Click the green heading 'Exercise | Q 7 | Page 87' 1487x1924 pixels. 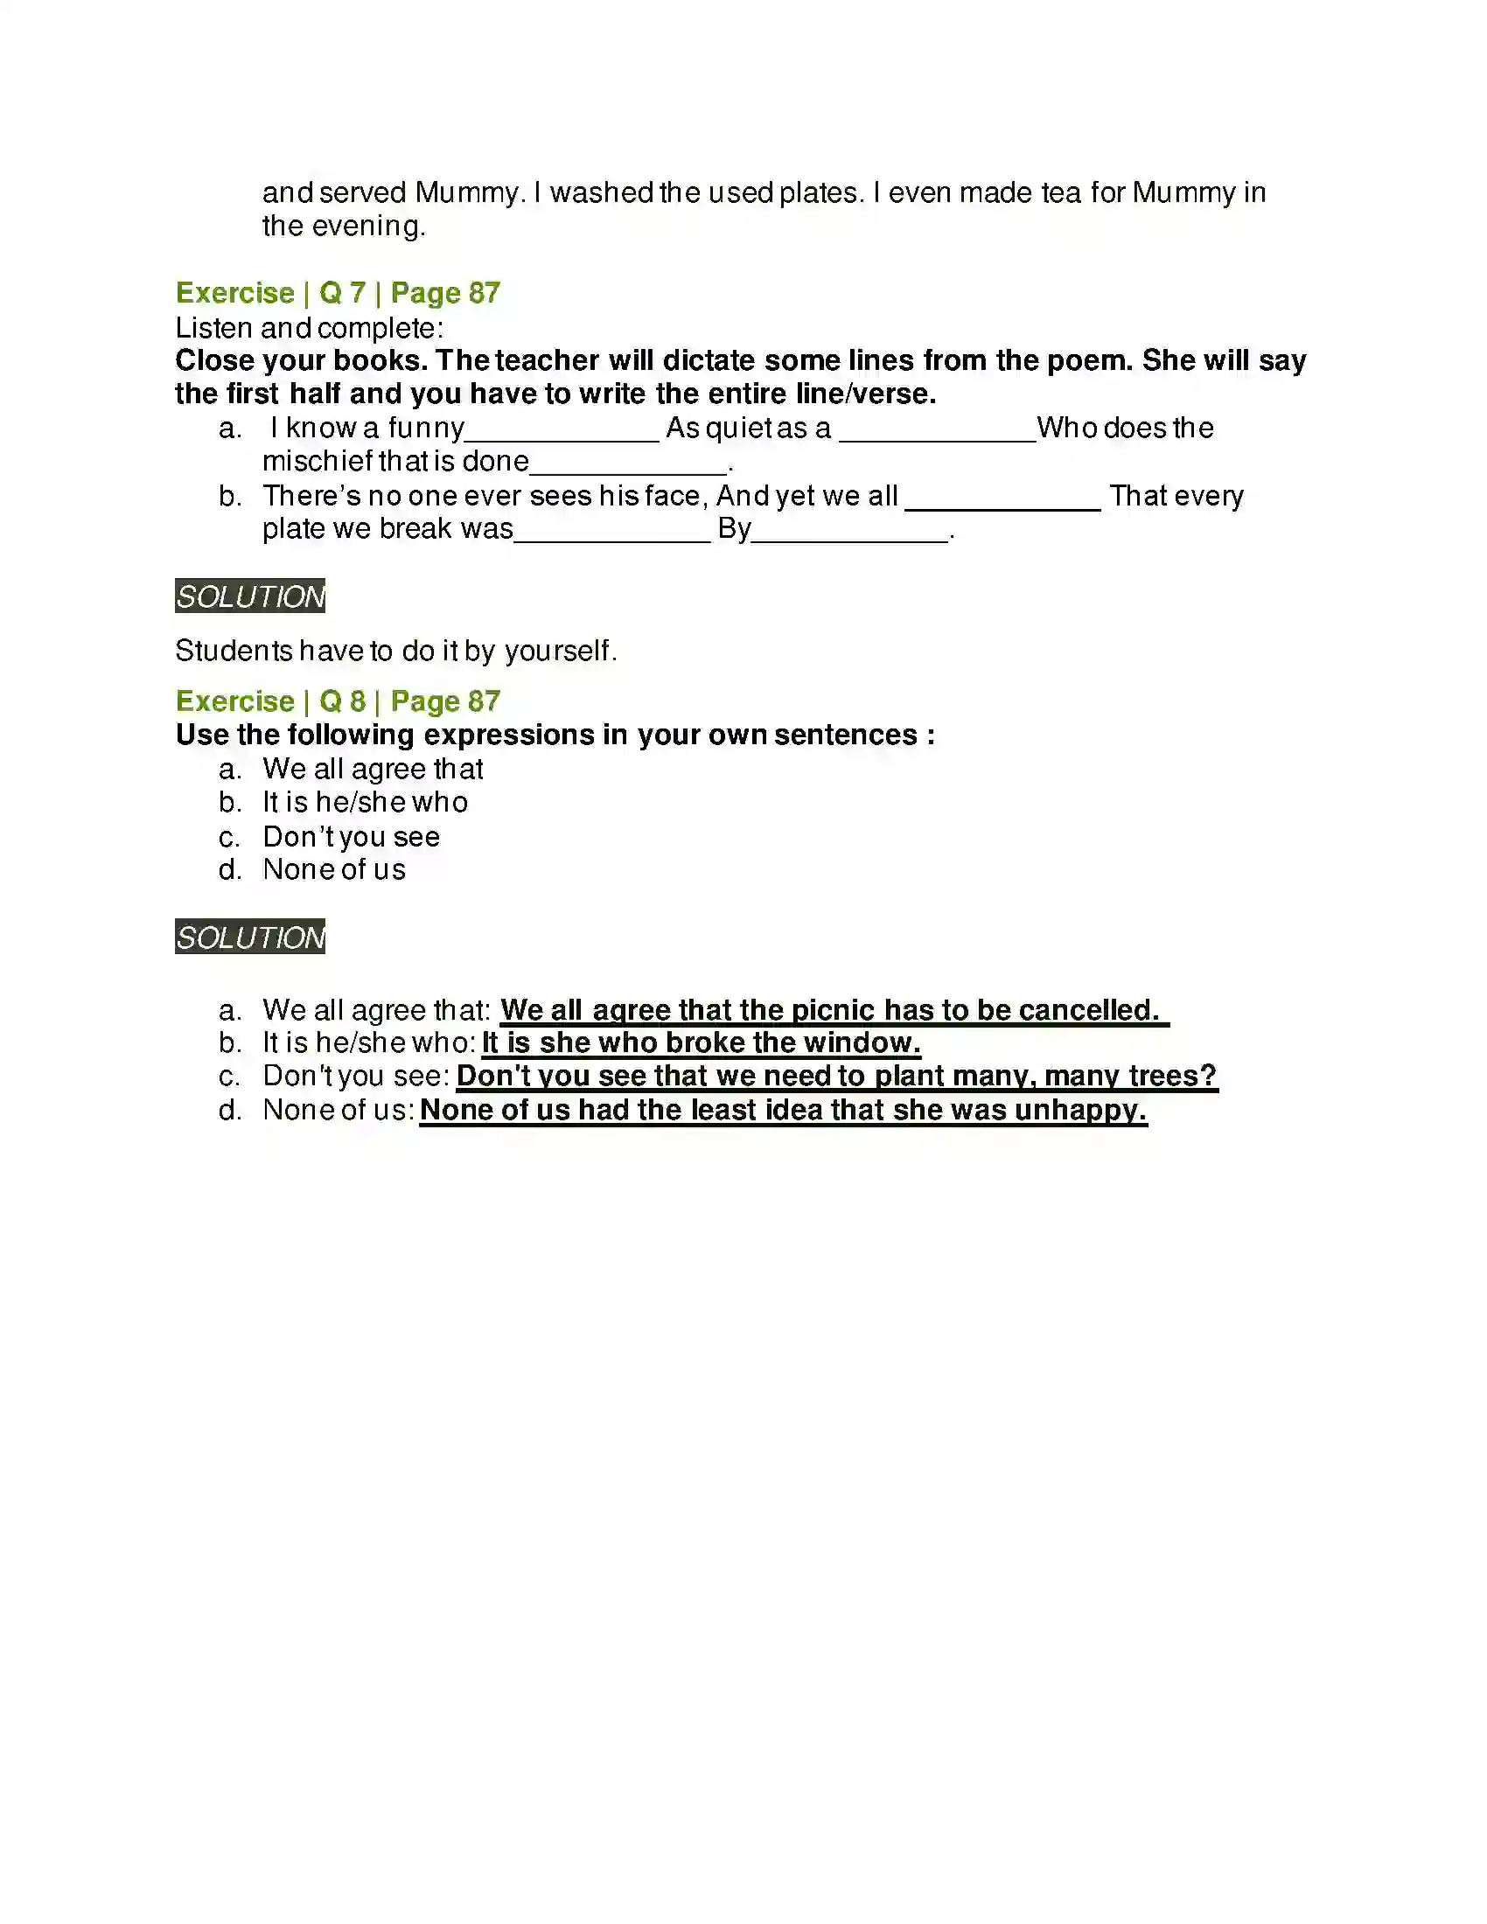338,292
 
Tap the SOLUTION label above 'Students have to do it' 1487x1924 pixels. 250,596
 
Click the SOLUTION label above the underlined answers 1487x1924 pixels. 250,937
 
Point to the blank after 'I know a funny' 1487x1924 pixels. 562,432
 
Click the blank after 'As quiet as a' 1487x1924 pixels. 938,432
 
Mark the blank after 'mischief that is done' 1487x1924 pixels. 629,465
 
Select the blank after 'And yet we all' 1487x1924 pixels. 1002,499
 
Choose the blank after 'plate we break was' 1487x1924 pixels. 611,533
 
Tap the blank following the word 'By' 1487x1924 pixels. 850,533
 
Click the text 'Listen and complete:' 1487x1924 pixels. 309,328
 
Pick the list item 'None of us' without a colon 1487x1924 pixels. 334,869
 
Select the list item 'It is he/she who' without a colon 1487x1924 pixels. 365,802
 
